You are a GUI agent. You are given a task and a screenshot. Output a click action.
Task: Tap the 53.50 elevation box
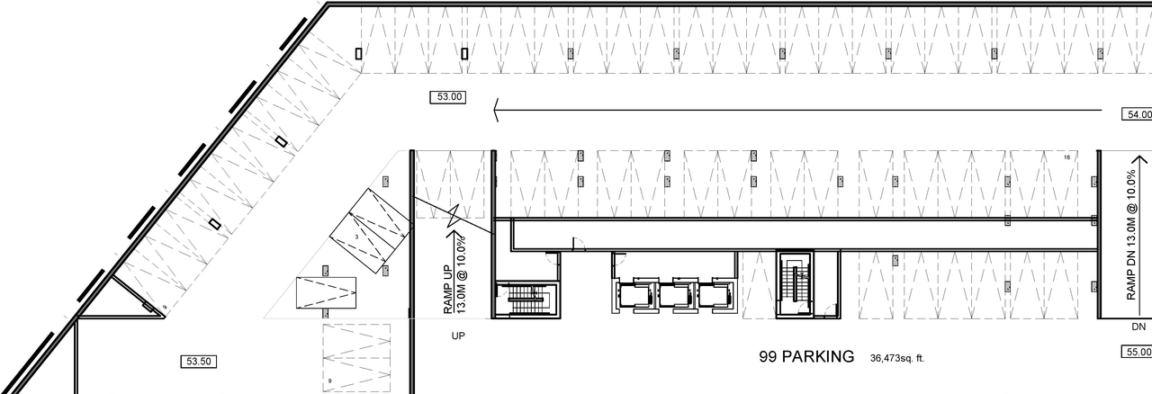pos(198,362)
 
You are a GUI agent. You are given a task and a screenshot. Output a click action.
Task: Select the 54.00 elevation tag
pos(1137,114)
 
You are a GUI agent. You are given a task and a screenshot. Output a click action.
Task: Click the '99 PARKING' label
pos(806,357)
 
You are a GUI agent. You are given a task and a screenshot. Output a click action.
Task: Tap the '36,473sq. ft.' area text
pos(897,358)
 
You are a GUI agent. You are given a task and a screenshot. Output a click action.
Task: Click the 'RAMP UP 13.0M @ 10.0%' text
pos(454,275)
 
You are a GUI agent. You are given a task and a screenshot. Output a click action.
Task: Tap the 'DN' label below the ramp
pos(1138,327)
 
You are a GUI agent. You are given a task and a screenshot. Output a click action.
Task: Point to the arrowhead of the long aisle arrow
pos(498,111)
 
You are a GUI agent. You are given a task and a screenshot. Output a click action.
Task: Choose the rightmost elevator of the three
pos(714,294)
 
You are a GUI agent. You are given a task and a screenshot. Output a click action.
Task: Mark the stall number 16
pos(1066,157)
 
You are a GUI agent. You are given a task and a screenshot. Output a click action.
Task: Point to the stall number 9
pos(330,381)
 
